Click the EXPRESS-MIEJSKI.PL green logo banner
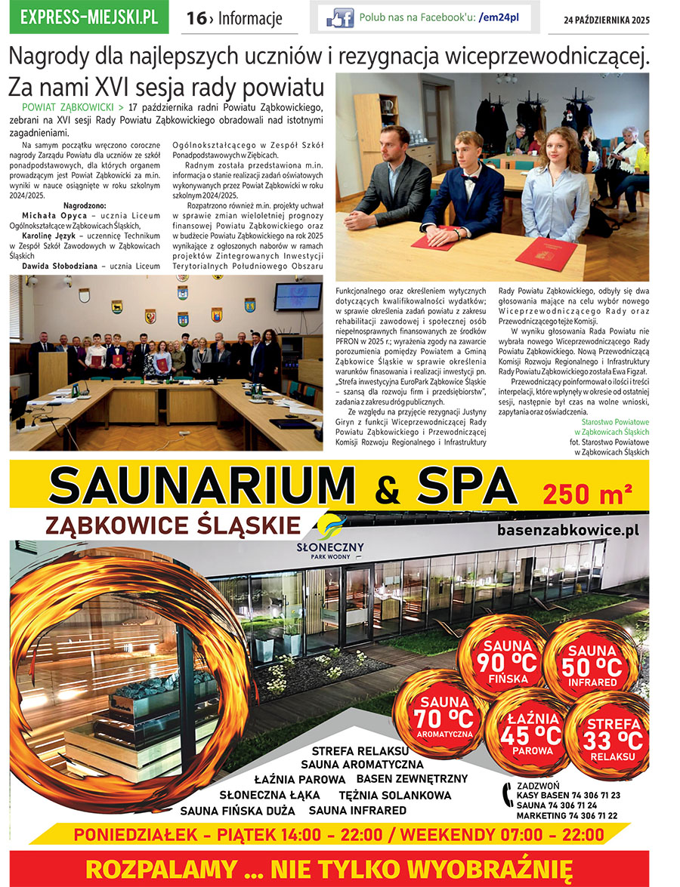(89, 17)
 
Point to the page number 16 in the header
(196, 18)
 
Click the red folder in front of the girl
(546, 253)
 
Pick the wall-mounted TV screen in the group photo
(298, 297)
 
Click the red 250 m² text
(586, 494)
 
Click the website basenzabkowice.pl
(568, 530)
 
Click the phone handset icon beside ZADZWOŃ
(506, 794)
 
